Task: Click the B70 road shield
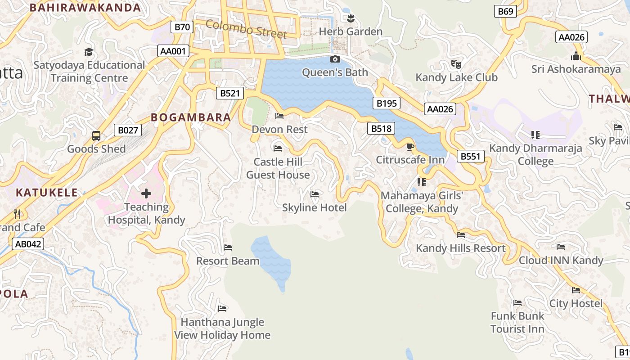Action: coord(182,27)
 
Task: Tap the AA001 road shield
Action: coord(173,51)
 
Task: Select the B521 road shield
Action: coord(229,94)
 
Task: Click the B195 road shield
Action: coord(387,103)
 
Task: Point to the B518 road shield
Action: coord(381,129)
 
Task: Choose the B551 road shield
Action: coord(471,157)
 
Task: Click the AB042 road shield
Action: coord(28,244)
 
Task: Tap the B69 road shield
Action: coord(505,12)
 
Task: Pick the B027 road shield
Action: coord(128,130)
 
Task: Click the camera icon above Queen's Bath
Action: coord(335,59)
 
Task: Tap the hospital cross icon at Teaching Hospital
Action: coord(146,194)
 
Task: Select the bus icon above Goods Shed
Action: coord(96,135)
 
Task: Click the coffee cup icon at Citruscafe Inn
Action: coord(410,147)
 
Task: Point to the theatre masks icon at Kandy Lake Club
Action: coord(456,64)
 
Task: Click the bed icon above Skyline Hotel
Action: coord(315,194)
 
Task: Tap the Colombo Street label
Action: coord(246,29)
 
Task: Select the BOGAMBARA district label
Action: coord(191,117)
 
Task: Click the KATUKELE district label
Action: coord(47,193)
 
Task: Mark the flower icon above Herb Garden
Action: coord(351,18)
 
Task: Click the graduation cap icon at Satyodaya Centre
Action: coord(89,52)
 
